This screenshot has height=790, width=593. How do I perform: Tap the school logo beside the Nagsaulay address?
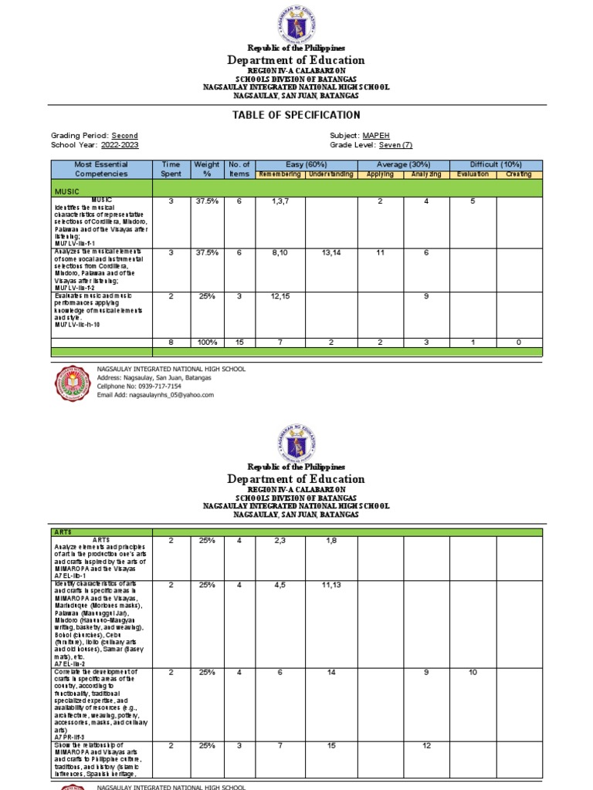(x=75, y=383)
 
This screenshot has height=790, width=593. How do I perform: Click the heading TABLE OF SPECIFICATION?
(x=296, y=115)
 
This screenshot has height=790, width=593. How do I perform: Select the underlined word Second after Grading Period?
(x=124, y=136)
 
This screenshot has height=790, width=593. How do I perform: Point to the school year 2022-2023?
(x=120, y=145)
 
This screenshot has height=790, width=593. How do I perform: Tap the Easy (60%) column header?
(x=305, y=164)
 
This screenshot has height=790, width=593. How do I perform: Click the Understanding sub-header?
(x=330, y=174)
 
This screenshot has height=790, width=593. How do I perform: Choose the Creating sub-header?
(x=519, y=174)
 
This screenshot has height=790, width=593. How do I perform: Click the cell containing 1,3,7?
(x=280, y=201)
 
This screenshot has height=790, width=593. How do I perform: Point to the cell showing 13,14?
(x=330, y=252)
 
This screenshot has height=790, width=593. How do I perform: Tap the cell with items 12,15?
(x=280, y=296)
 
